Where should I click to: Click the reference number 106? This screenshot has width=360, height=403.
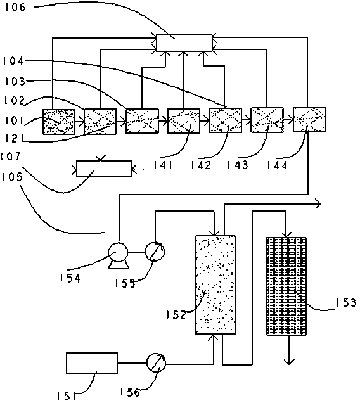point(15,7)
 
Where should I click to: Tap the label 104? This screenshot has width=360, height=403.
point(13,61)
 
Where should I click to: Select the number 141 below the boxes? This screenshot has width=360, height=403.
point(163,165)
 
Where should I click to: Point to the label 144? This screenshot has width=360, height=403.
point(277,165)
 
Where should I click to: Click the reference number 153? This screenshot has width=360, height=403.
point(346,302)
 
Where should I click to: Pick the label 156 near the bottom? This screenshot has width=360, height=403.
point(130,392)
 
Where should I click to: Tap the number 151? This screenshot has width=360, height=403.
point(66,396)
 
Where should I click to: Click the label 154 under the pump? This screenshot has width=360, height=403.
point(70,278)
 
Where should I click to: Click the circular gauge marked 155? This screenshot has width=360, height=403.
point(155,251)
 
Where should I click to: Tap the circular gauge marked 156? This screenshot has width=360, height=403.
point(156,362)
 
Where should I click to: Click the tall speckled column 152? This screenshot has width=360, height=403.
point(215,285)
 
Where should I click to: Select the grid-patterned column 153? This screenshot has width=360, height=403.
point(286,286)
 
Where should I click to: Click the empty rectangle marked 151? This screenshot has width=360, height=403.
point(92,363)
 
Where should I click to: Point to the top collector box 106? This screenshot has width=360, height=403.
point(184,42)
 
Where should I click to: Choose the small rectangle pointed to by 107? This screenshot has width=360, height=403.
point(105,169)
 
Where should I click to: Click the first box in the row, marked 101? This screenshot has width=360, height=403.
point(59,122)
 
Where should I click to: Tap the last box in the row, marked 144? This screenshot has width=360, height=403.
point(309,120)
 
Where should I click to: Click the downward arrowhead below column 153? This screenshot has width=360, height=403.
point(289,362)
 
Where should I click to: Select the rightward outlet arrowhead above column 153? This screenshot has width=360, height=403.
point(318,204)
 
